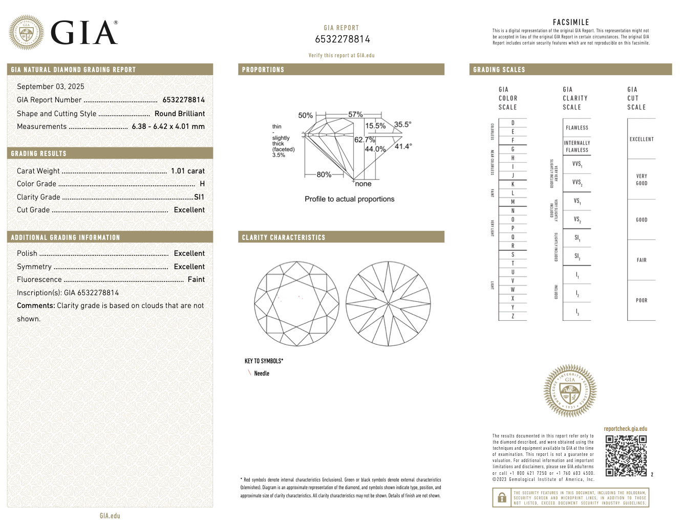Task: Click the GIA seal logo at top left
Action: click(x=26, y=33)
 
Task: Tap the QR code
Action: click(x=626, y=455)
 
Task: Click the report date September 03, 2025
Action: click(x=51, y=86)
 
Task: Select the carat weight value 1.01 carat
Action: click(x=187, y=171)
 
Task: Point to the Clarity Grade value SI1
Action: click(x=199, y=197)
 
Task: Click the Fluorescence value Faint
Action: click(x=196, y=279)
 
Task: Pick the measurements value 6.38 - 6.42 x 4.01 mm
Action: click(x=168, y=126)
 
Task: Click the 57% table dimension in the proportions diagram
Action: click(x=355, y=115)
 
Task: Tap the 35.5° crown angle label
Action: click(x=402, y=124)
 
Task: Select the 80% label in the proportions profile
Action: click(x=324, y=174)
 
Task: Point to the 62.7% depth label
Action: click(x=365, y=139)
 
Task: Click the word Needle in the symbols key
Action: click(x=262, y=374)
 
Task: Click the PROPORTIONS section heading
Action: click(x=263, y=70)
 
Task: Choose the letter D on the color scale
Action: click(x=513, y=123)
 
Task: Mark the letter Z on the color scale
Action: click(x=513, y=316)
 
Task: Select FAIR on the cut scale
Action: click(x=642, y=260)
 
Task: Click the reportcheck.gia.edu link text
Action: click(x=625, y=429)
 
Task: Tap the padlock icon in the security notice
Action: click(x=502, y=497)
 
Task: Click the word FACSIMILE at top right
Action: click(x=571, y=22)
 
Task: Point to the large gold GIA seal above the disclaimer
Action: click(x=570, y=391)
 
